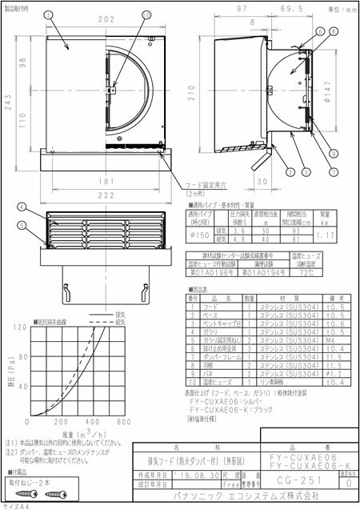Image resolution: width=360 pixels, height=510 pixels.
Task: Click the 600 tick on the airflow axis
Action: click(x=123, y=421)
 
